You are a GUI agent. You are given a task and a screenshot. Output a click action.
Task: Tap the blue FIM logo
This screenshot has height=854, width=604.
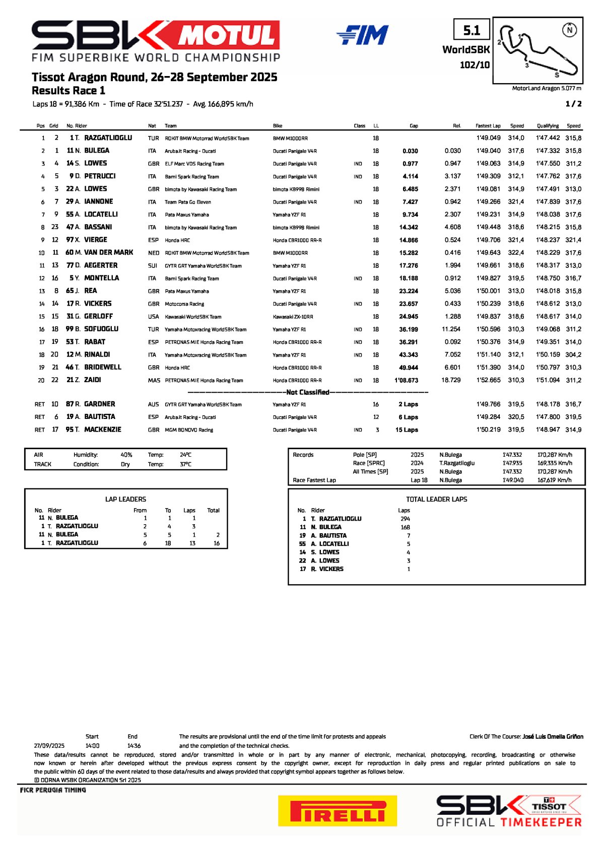pos(362,35)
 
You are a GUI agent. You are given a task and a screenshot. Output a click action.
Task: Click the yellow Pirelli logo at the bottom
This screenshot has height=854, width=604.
pos(337,811)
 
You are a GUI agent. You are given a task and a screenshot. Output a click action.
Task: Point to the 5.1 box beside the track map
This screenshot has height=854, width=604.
pos(472,31)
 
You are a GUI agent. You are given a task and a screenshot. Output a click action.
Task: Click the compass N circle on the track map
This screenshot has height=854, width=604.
pos(569,30)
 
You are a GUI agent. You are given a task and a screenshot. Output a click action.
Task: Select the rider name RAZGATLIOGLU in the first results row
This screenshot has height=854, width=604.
pos(108,138)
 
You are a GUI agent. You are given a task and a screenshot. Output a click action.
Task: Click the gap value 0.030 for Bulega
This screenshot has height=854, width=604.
pos(410,151)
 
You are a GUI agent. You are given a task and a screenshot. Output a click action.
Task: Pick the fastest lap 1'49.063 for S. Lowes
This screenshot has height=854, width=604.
pos(488,164)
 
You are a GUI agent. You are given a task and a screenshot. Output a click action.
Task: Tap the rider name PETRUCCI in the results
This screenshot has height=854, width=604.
pos(100,176)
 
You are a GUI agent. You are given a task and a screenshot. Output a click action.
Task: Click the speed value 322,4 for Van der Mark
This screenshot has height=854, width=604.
pos(516,253)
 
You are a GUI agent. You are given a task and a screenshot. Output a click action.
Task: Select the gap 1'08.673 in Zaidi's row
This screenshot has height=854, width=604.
pos(407,381)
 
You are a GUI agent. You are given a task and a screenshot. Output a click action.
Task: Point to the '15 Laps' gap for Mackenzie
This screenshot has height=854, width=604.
pos(407,430)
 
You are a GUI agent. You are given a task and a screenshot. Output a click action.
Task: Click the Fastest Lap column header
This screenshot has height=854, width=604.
pos(488,126)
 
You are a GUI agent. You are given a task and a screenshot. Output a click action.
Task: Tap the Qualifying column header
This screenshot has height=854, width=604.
pos(548,126)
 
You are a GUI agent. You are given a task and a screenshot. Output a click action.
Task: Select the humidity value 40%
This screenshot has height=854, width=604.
pos(126,455)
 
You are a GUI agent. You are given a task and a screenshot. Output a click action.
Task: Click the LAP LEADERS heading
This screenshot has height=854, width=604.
pos(125,500)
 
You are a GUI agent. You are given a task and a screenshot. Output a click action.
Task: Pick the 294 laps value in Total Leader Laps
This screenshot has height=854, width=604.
pos(405,519)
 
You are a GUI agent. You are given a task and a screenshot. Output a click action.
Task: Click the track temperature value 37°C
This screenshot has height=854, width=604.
pos(185,464)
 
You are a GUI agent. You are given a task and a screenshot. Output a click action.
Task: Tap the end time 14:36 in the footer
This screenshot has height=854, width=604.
pos(134,746)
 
